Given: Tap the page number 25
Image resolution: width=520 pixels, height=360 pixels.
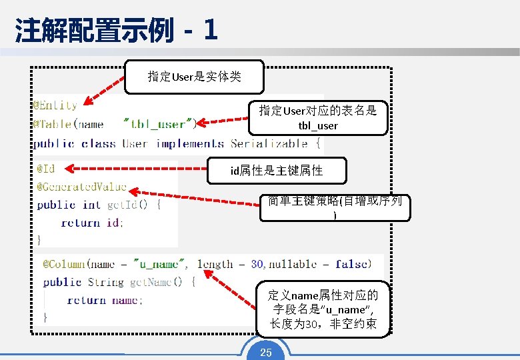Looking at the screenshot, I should [x=266, y=352].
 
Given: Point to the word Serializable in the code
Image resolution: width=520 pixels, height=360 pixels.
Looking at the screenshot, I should [x=269, y=143].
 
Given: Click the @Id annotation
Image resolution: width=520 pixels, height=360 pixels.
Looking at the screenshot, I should [x=46, y=169].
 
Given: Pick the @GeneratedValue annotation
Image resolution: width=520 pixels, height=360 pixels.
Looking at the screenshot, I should [x=81, y=187].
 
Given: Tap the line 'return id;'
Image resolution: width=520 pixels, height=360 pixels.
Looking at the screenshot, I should [x=92, y=223].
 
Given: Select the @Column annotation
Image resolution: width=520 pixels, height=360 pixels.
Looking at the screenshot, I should [x=65, y=264].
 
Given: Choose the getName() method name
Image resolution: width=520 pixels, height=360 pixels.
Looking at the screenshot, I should [x=155, y=282].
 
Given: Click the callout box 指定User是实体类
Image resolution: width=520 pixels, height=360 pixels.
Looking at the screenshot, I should [x=195, y=77].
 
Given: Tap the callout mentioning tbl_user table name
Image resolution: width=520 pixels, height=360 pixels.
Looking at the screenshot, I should [x=318, y=117].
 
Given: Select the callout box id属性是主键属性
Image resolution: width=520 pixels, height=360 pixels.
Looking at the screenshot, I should [x=277, y=171].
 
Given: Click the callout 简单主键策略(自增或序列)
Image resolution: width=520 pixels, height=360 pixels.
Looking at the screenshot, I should [x=335, y=207].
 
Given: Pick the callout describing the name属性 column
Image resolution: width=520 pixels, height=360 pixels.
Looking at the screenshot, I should [x=323, y=309].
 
